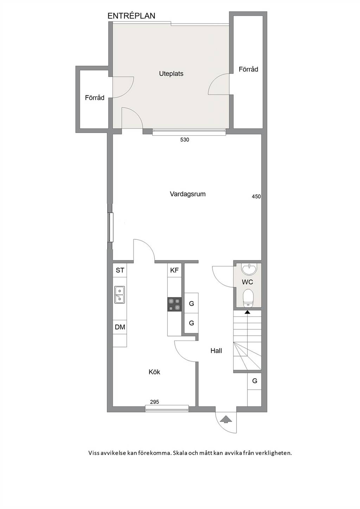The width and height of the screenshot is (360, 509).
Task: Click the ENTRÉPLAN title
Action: click(131, 16)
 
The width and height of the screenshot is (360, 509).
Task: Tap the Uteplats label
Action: click(171, 73)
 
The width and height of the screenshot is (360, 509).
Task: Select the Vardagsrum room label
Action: click(188, 194)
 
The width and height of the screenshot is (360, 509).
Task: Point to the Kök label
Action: click(154, 372)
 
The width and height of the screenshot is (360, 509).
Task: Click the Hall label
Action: click(216, 350)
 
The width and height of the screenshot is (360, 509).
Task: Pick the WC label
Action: click(247, 282)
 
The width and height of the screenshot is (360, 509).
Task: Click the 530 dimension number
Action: click(185, 140)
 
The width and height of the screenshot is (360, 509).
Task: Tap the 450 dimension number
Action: click(256, 196)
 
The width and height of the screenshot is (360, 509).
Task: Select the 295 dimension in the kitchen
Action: click(155, 402)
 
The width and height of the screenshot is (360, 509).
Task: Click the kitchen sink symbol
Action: click(120, 295)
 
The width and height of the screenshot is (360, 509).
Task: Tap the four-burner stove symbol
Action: click(174, 304)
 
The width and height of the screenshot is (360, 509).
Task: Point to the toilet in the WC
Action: click(247, 298)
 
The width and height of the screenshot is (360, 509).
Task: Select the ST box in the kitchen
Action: click(120, 270)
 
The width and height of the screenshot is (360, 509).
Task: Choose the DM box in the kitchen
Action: click(120, 327)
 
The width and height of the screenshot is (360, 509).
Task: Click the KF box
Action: click(174, 270)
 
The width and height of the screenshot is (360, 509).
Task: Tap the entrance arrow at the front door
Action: click(226, 419)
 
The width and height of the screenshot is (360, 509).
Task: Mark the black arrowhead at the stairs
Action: click(247, 312)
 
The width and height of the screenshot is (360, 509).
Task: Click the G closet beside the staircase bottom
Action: click(254, 381)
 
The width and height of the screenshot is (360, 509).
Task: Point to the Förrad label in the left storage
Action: click(95, 98)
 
